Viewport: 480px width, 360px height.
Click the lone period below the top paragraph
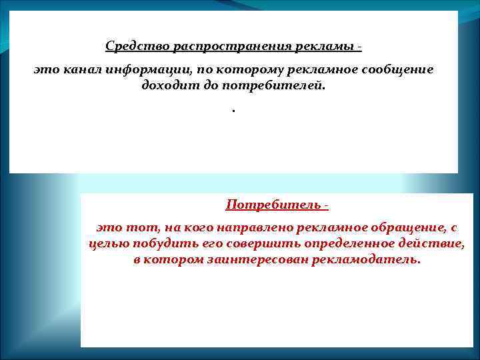234,110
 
